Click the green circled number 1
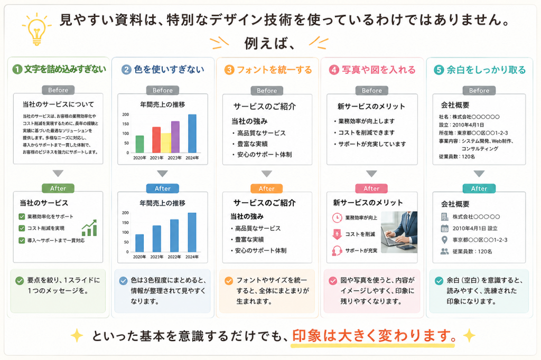(x=17, y=70)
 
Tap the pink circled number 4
(x=334, y=70)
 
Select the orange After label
(x=267, y=188)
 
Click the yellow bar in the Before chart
(x=166, y=143)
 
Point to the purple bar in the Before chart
(x=175, y=137)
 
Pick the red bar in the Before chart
(x=156, y=140)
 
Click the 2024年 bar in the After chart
(x=192, y=232)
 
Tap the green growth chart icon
(x=89, y=228)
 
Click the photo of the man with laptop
(x=399, y=232)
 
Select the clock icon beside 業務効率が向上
(x=337, y=218)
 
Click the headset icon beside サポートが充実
(x=337, y=251)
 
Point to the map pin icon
(x=444, y=240)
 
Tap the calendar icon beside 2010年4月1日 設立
(x=444, y=228)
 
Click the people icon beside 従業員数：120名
(x=444, y=251)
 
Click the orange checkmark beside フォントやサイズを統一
(x=228, y=281)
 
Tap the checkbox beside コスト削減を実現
(x=22, y=228)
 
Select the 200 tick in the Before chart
(x=126, y=115)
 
